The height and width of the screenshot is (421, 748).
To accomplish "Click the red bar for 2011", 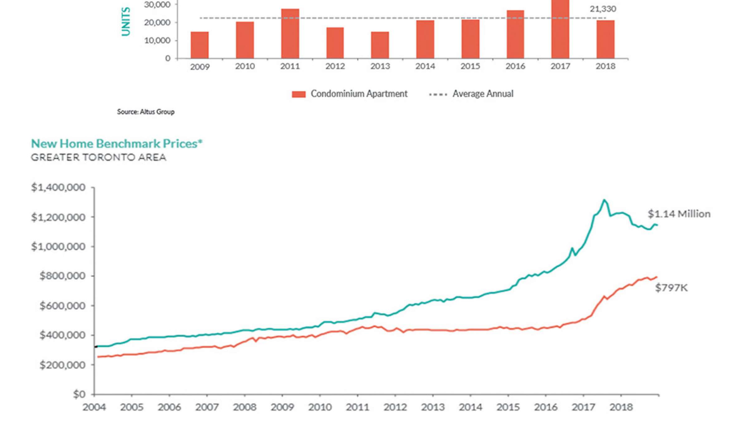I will point(290,34).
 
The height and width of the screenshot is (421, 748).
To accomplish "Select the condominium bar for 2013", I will point(380,45).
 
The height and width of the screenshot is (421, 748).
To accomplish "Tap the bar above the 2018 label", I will point(605,39).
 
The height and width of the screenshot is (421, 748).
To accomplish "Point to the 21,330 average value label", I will point(602,9).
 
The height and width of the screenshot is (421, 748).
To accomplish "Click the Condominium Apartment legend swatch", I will point(299,94).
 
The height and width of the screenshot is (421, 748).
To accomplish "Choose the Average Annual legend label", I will point(482,94).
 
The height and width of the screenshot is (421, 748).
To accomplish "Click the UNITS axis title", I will point(126,22).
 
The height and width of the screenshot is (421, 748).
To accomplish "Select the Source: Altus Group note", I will point(146,112).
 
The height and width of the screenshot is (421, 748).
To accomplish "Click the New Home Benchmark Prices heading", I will point(117,143).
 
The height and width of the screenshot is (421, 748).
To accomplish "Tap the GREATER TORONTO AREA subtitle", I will point(98,157).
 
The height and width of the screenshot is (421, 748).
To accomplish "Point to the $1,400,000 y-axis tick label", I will point(58,187).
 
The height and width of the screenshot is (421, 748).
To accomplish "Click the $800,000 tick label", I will point(62,276).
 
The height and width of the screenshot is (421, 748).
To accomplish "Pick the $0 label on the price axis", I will point(79,394).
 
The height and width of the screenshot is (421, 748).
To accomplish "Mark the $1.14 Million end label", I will point(679,214).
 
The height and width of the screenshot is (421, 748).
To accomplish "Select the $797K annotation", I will point(671,288).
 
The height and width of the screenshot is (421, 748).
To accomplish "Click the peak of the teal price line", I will point(604,200).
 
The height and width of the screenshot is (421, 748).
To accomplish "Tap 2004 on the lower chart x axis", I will point(94,407).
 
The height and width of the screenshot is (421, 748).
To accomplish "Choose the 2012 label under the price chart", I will point(395,407).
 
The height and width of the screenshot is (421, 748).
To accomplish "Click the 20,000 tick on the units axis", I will point(157,22).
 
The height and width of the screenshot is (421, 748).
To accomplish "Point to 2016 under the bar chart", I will point(515,66).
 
